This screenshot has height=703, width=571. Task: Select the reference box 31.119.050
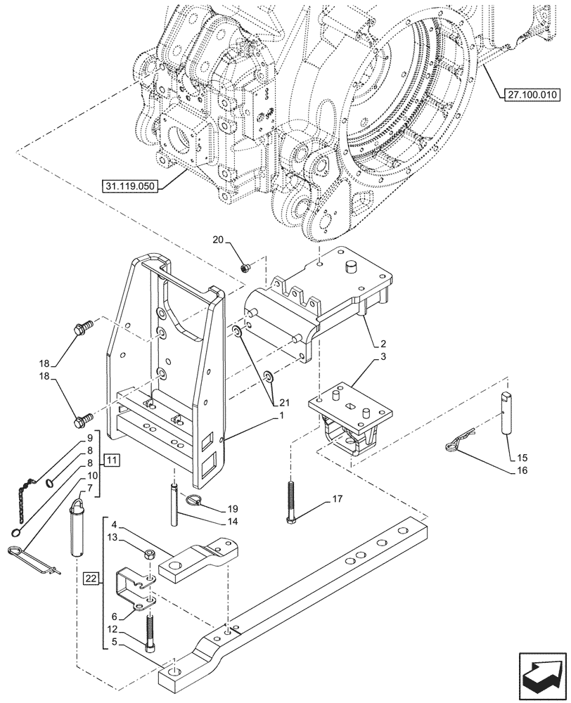click(x=131, y=186)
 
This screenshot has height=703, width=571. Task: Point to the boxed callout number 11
click(x=112, y=460)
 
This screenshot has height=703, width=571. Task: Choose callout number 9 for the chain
click(x=90, y=437)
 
